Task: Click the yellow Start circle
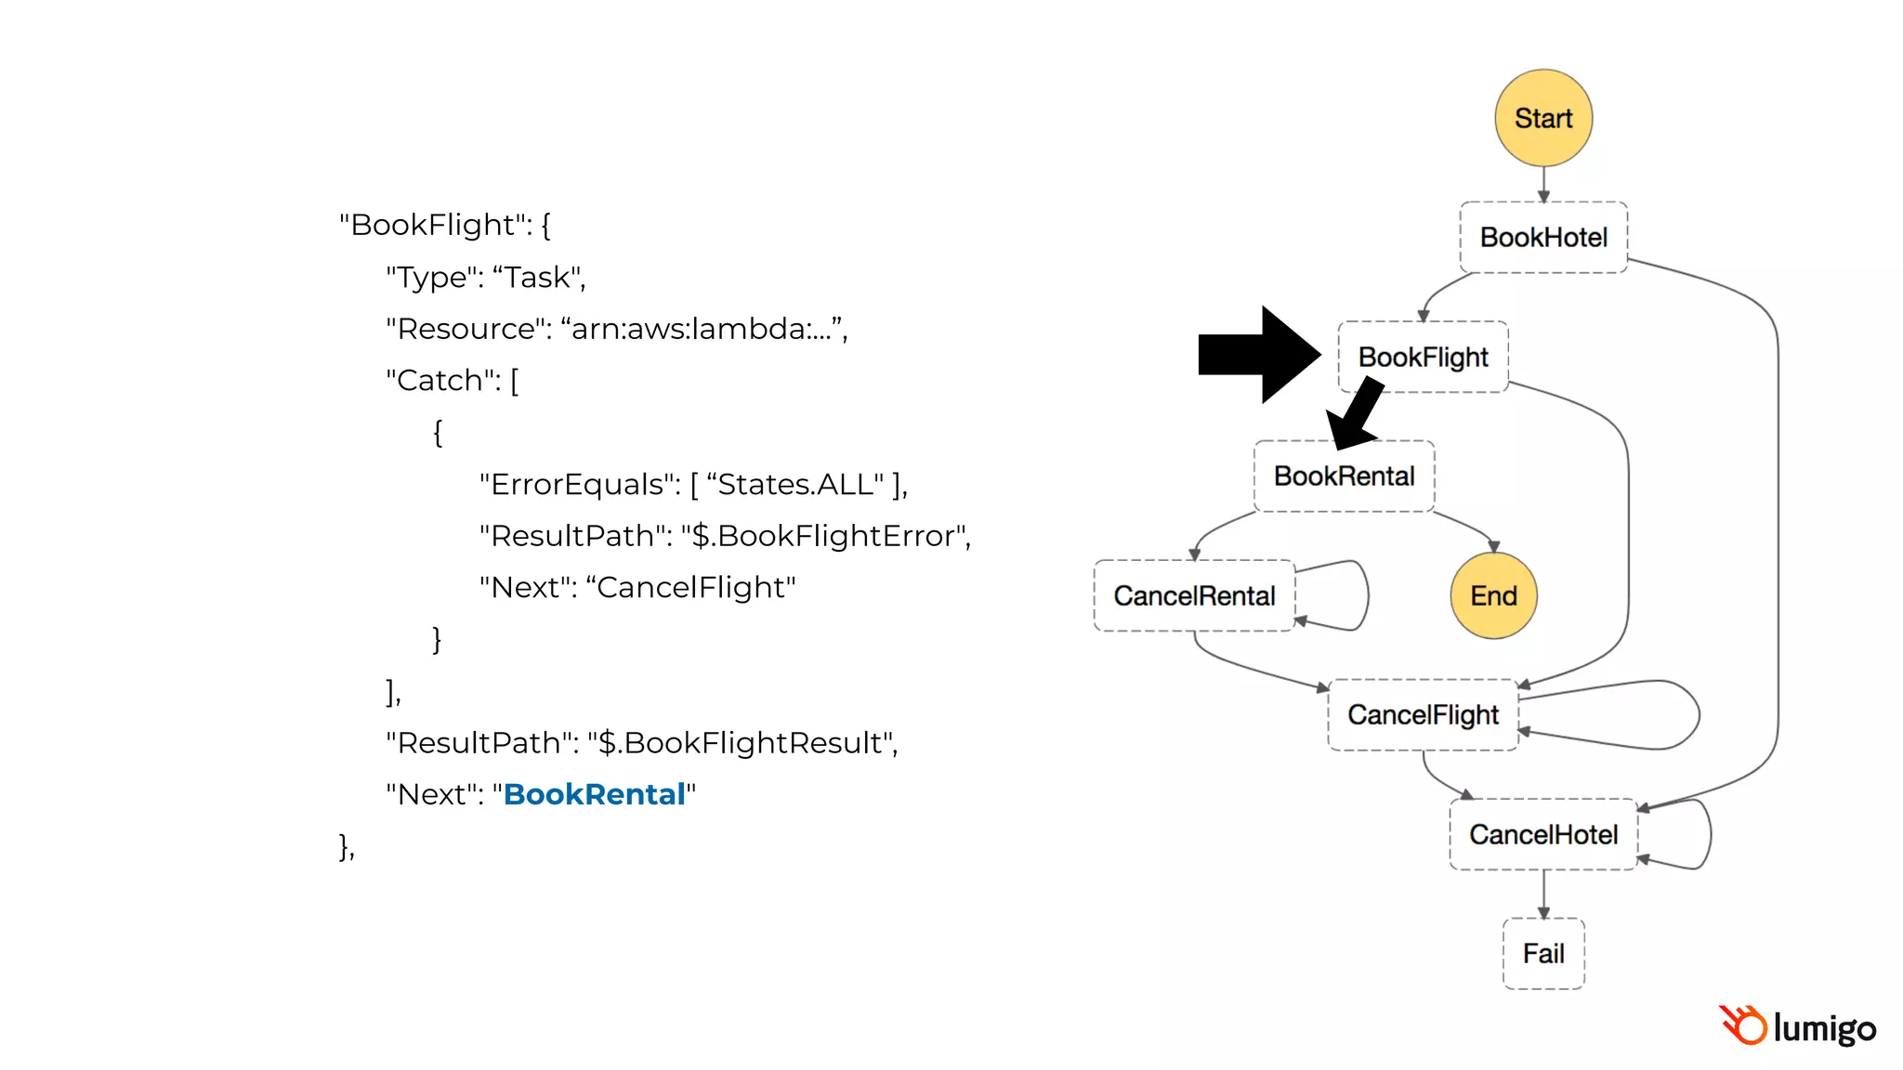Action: (1542, 118)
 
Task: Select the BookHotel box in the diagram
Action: (1542, 238)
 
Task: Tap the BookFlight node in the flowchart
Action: (1423, 357)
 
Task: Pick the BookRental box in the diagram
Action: (1344, 476)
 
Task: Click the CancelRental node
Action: (1194, 595)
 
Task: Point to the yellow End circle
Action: (1493, 595)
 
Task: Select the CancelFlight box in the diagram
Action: (1423, 715)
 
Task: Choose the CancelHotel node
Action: (1542, 834)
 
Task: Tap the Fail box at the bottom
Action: (1542, 954)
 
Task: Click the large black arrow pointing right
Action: (1259, 355)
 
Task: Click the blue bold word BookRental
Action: (594, 794)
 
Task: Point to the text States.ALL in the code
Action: (795, 484)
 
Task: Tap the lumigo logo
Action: (1797, 1027)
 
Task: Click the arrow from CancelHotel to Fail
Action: (1543, 894)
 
